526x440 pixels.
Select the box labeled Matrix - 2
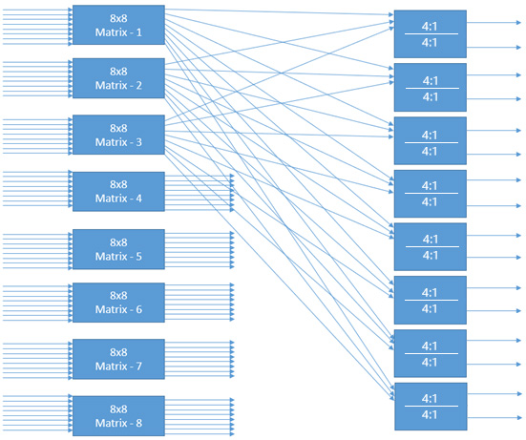(x=118, y=78)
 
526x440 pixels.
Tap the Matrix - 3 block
(x=118, y=135)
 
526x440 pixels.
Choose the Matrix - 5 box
(x=118, y=248)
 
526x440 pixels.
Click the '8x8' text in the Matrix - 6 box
(x=118, y=295)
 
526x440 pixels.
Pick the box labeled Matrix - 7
(x=118, y=359)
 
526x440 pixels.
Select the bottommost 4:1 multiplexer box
(x=430, y=407)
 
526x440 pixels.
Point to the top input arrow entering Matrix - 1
(x=38, y=10)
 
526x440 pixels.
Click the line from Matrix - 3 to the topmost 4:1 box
(x=286, y=76)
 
